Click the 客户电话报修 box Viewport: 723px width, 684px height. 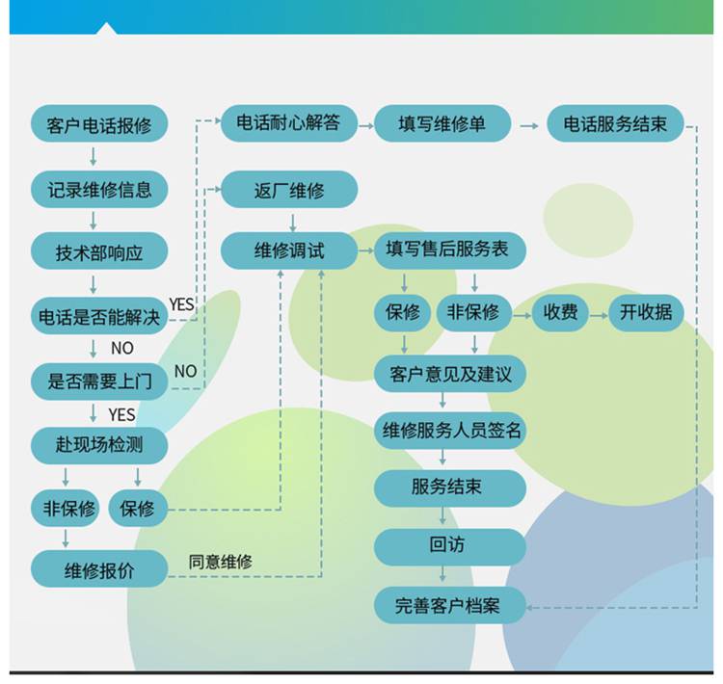[x=99, y=124]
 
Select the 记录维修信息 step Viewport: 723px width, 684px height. [x=99, y=190]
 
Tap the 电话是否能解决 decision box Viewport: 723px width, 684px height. [x=99, y=316]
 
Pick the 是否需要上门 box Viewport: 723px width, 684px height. [x=99, y=381]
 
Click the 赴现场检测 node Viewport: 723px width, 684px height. [x=99, y=445]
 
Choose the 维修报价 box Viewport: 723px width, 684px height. [x=99, y=569]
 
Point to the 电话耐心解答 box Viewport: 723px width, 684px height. [x=289, y=123]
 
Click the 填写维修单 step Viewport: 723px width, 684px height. [x=442, y=123]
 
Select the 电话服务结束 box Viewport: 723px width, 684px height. [x=615, y=123]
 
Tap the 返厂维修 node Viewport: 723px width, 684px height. [x=289, y=190]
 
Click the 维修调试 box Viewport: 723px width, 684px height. [x=289, y=250]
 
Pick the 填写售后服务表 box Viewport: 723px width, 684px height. [x=450, y=250]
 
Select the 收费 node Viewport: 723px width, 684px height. [x=560, y=312]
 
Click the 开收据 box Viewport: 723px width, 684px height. [x=646, y=312]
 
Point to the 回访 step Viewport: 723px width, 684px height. [x=450, y=546]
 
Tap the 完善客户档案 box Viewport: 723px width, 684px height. [x=450, y=605]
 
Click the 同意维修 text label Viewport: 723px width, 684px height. [x=221, y=562]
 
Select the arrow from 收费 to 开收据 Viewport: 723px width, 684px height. [x=599, y=316]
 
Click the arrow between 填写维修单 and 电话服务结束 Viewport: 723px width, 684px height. [x=529, y=126]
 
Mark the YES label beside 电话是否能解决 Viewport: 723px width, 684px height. [x=181, y=304]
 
